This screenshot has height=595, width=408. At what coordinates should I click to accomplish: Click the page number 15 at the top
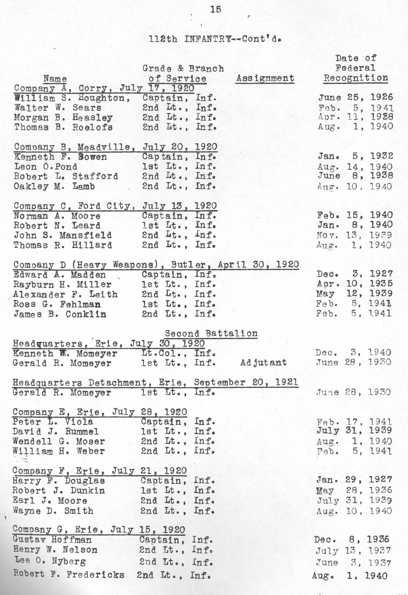click(x=215, y=10)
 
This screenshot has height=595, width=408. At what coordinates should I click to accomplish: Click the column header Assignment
click(x=265, y=78)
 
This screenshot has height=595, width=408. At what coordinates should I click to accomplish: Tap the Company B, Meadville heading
click(x=115, y=147)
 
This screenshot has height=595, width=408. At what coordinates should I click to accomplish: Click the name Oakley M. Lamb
click(x=54, y=186)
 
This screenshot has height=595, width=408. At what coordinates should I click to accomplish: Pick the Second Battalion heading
click(x=211, y=333)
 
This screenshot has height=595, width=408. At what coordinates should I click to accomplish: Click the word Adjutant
click(x=263, y=362)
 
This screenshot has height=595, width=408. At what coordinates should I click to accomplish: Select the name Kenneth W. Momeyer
click(x=65, y=354)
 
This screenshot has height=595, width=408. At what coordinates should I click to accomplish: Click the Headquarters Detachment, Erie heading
click(x=155, y=383)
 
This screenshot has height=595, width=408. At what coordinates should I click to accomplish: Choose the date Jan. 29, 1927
click(x=354, y=480)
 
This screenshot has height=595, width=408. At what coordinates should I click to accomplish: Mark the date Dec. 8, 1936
click(x=351, y=539)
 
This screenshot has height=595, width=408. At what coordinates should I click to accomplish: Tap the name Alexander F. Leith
click(x=65, y=294)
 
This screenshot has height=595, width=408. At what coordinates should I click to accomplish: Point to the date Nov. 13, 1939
click(x=354, y=235)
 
